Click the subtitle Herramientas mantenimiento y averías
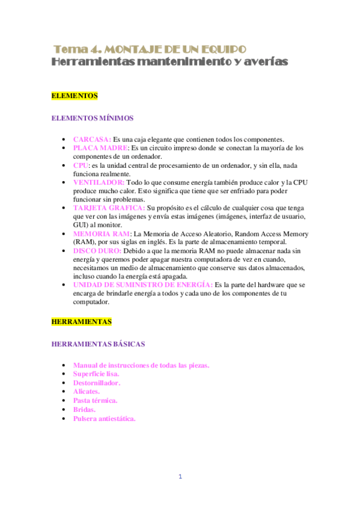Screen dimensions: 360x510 [x=170, y=62]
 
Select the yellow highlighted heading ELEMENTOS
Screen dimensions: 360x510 [x=75, y=96]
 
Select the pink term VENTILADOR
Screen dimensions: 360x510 [x=99, y=182]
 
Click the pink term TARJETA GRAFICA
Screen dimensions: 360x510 [x=108, y=207]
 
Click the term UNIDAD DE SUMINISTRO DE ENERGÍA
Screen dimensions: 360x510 [x=142, y=284]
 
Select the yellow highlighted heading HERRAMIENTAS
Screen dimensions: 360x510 [x=82, y=322]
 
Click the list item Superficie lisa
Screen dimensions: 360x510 [x=96, y=373]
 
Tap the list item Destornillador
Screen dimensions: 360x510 [x=96, y=382]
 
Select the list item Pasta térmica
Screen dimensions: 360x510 [x=95, y=400]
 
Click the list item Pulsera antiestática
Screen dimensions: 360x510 [x=104, y=418]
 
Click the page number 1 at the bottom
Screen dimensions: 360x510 [x=180, y=477]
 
